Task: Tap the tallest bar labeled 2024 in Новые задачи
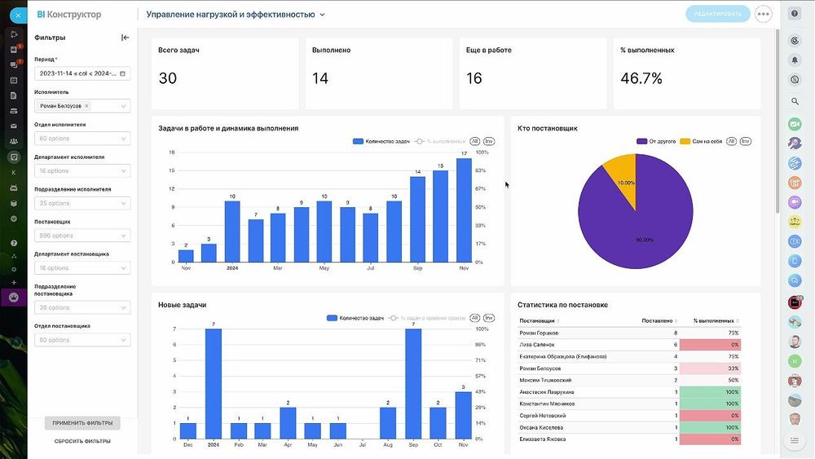214,383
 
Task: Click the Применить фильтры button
82,423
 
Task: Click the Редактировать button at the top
718,14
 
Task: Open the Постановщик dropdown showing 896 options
82,236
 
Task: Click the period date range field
82,73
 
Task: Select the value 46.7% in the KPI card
641,78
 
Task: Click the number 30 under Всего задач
168,78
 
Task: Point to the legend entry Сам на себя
706,141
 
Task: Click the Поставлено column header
658,320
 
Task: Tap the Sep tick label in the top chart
417,268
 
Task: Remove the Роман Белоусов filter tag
87,106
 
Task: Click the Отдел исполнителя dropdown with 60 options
82,139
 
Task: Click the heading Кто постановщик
548,128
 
